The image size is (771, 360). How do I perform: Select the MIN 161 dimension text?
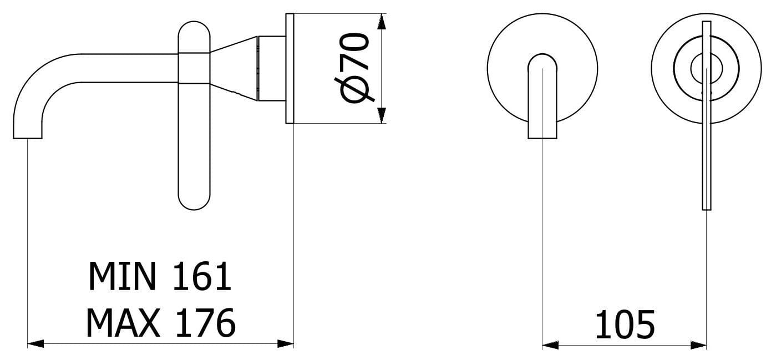[x=160, y=276]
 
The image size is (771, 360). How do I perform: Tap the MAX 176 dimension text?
[x=161, y=322]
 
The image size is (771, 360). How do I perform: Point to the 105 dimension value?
[x=625, y=324]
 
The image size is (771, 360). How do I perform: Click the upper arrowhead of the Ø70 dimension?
[x=382, y=21]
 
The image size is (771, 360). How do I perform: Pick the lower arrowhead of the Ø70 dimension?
[x=382, y=115]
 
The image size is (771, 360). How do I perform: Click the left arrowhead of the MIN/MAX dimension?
[x=35, y=343]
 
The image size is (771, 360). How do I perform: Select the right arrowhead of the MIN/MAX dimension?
[x=285, y=343]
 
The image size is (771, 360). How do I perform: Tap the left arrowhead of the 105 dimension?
[x=550, y=345]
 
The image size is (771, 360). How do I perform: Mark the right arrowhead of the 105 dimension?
[x=698, y=345]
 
